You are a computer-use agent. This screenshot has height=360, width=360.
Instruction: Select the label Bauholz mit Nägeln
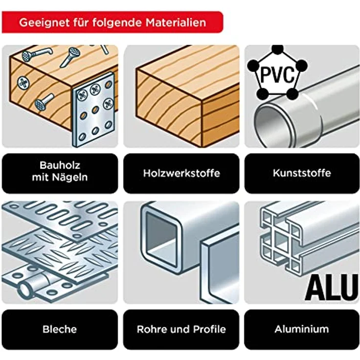pos(60,173)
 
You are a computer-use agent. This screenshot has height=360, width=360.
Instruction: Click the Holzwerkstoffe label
pos(181,173)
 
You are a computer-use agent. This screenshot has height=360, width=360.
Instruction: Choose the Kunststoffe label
pos(302,173)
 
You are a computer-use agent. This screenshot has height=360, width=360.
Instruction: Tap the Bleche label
pos(60,329)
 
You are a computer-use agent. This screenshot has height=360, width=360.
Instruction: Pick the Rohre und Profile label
pos(181,329)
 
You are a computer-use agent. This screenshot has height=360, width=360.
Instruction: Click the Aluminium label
pos(302,329)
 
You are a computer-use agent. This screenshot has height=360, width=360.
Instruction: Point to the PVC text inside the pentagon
pos(277,75)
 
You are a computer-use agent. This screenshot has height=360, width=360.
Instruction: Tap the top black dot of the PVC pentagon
pos(277,49)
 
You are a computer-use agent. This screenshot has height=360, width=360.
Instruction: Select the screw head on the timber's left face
pos(23,82)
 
